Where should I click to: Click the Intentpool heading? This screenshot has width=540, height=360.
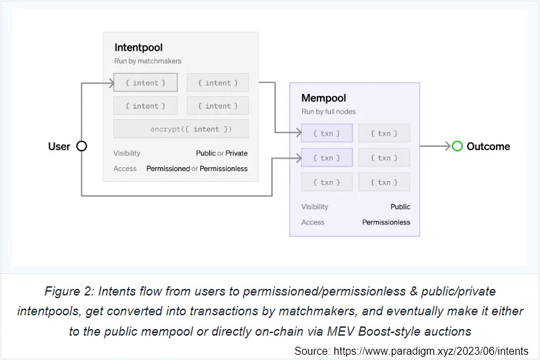(138, 47)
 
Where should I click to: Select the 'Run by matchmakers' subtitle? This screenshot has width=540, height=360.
(148, 61)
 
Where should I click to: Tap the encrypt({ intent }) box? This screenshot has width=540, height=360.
(181, 128)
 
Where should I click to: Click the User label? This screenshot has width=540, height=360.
(59, 146)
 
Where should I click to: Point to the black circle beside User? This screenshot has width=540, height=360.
(82, 146)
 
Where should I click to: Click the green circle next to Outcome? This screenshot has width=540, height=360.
(457, 146)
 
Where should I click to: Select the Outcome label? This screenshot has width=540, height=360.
(488, 146)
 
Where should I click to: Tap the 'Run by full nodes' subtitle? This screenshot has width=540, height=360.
(329, 111)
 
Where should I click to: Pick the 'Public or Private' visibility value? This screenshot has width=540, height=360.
(221, 153)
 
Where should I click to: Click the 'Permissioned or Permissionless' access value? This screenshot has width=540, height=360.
(197, 168)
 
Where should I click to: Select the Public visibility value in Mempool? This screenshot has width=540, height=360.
(400, 207)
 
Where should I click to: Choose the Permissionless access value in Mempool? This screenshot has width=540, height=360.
(386, 222)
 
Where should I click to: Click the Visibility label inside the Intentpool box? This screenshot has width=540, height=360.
(126, 153)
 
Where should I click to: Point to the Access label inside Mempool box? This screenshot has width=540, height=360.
(313, 222)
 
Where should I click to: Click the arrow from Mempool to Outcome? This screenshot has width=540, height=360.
(435, 146)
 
